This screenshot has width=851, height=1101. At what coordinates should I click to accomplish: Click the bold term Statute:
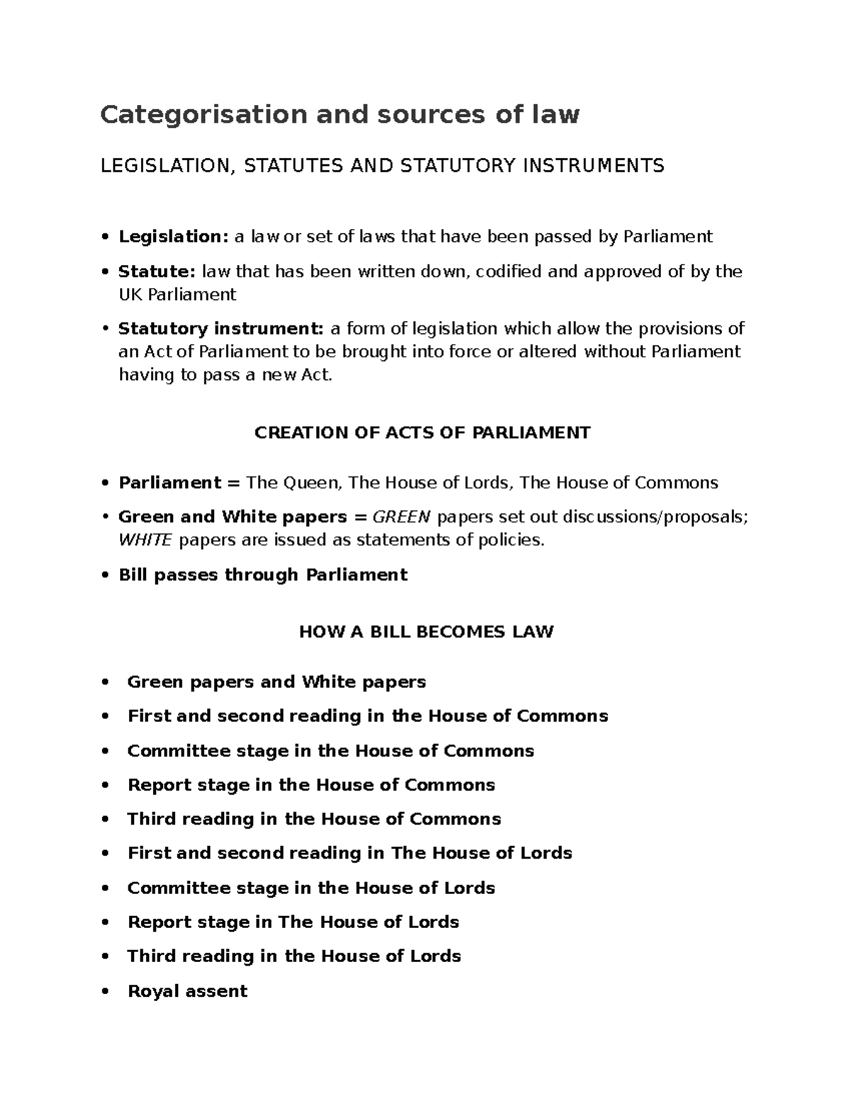[157, 272]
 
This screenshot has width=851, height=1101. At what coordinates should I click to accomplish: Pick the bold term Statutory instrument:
[221, 328]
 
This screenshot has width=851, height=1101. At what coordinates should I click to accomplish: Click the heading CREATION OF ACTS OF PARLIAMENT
[422, 432]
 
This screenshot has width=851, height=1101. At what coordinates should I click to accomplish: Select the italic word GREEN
[401, 517]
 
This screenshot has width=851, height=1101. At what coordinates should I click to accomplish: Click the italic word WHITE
[145, 540]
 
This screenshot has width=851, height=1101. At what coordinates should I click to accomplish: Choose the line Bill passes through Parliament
[263, 574]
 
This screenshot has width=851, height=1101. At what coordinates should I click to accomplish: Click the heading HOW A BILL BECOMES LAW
[425, 632]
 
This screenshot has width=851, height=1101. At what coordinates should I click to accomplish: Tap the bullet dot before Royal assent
[105, 991]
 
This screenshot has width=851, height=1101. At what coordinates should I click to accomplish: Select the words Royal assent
[187, 991]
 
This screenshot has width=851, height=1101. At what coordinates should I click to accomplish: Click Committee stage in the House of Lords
[311, 888]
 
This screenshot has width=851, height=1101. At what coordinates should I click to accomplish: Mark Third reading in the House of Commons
[313, 819]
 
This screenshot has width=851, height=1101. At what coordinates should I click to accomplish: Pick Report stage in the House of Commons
[311, 785]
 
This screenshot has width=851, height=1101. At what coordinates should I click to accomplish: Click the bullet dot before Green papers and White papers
[105, 682]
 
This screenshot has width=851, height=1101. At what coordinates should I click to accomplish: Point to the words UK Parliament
[177, 294]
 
